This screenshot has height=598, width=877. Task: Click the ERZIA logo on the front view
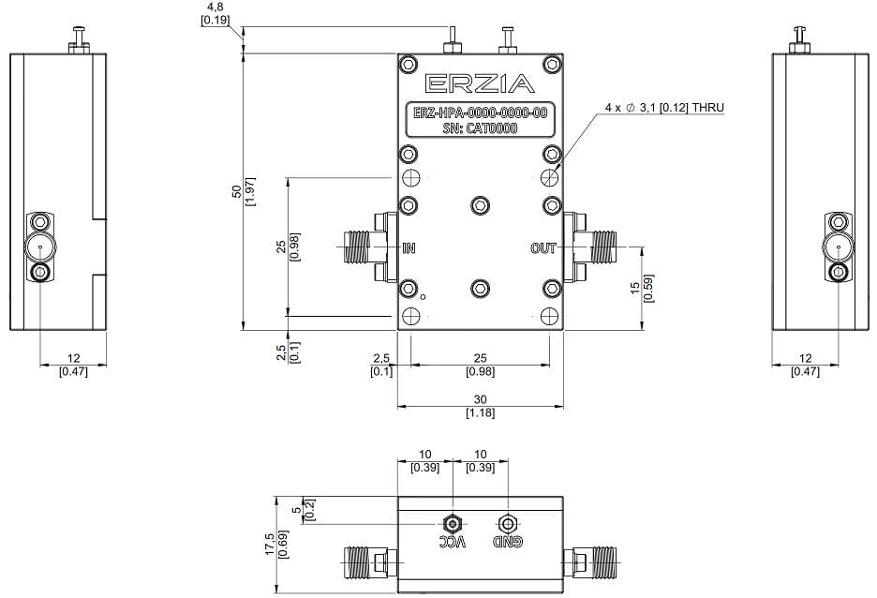pos(480,84)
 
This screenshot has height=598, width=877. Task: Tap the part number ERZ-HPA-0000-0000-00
pos(480,114)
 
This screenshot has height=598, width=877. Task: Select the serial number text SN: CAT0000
pos(480,129)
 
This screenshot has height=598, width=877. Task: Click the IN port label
pos(409,248)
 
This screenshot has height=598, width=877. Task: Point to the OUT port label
pos(543,248)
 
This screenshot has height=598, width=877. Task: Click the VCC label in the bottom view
pos(453,544)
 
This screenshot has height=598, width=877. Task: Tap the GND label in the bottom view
pos(507,544)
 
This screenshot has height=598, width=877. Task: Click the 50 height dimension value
pos(236,191)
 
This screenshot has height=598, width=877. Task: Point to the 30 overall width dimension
pos(480,399)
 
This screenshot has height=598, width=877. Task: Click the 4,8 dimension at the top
pos(215,7)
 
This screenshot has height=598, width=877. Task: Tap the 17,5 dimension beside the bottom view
pos(269,545)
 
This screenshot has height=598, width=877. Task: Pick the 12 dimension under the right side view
pos(805,359)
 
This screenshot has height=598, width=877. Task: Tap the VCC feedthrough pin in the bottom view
pos(453,522)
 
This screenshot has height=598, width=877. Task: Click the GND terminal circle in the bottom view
pos(507,522)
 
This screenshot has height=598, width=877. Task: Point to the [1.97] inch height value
pos(250,191)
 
